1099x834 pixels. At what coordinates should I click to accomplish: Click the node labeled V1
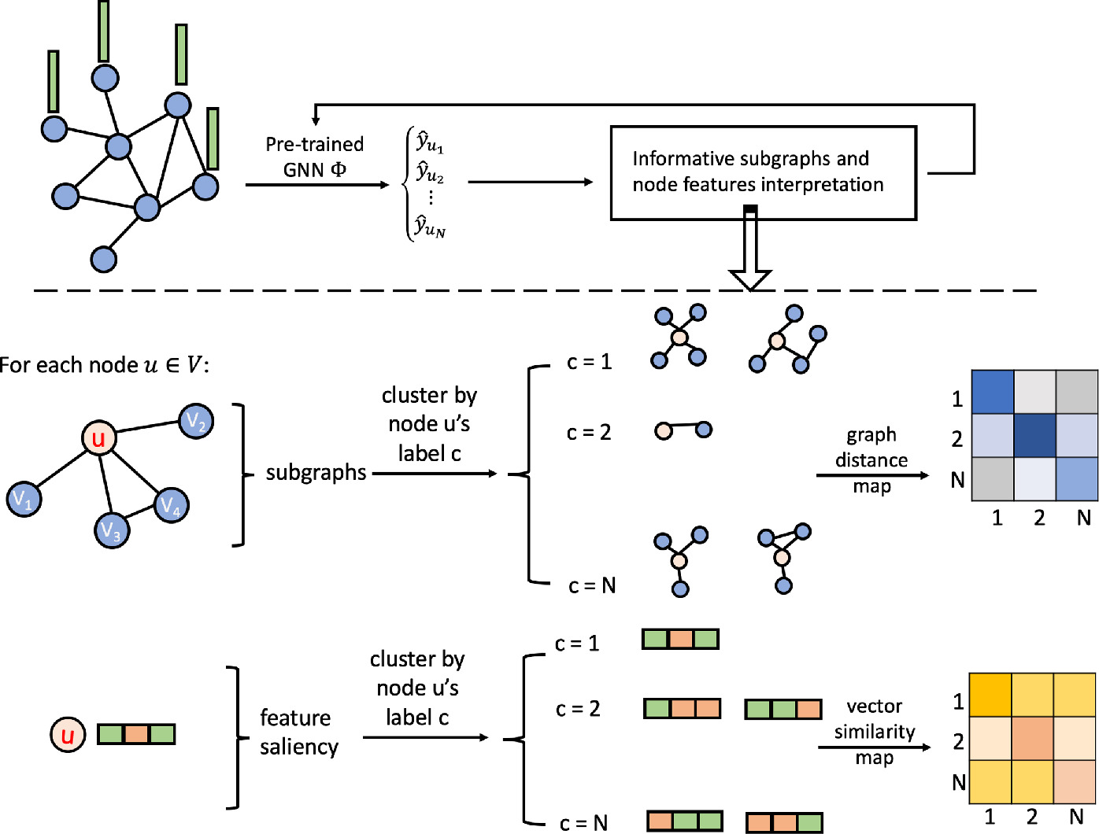click(x=24, y=499)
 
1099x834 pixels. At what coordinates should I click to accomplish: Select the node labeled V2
click(x=196, y=422)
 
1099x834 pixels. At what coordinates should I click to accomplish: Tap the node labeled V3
click(x=112, y=530)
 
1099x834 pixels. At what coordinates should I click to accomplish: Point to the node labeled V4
click(x=171, y=505)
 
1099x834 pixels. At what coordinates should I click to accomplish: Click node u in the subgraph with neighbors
click(x=98, y=438)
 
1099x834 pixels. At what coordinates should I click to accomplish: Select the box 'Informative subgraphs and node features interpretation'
click(x=763, y=172)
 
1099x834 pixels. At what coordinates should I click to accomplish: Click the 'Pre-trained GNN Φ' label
click(x=314, y=157)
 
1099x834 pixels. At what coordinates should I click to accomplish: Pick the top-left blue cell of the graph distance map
click(x=992, y=392)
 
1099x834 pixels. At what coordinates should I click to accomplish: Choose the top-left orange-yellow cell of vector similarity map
click(x=990, y=695)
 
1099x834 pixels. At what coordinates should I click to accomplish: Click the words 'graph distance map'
click(x=871, y=460)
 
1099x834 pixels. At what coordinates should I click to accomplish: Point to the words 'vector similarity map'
click(x=874, y=732)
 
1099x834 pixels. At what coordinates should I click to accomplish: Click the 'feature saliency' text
click(x=298, y=732)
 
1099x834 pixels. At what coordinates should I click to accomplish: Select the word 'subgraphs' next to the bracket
click(x=316, y=472)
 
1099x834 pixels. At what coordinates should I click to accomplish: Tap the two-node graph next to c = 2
click(x=683, y=430)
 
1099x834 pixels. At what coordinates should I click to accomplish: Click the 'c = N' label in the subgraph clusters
click(x=592, y=585)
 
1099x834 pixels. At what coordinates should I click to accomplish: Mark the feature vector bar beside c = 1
click(x=680, y=639)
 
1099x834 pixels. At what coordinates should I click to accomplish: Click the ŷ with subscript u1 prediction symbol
click(x=430, y=143)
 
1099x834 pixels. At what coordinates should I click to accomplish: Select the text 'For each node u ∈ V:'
click(x=104, y=365)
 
